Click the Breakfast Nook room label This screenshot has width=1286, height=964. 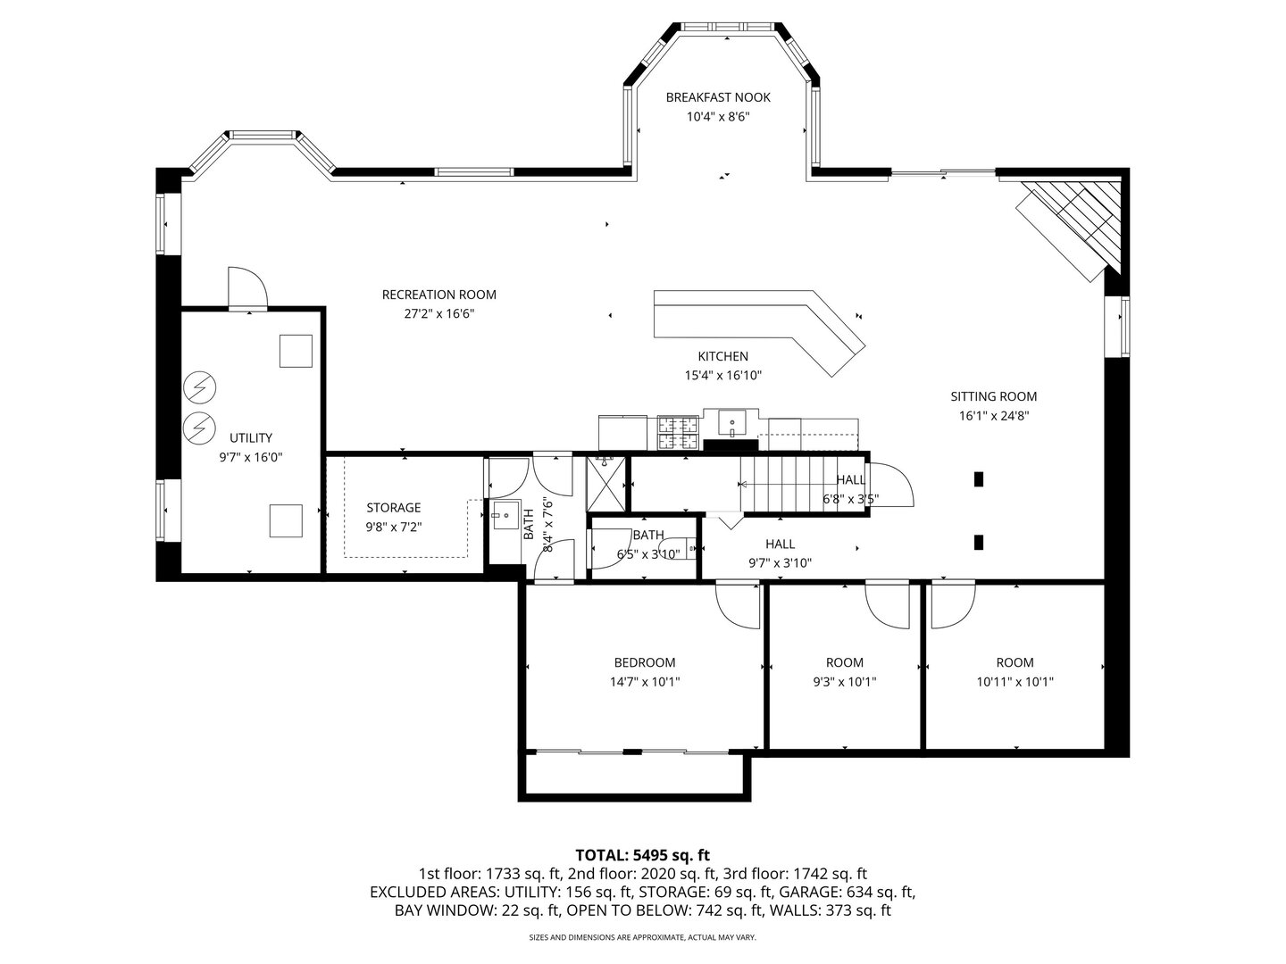[718, 97]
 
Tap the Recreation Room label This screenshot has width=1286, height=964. [438, 295]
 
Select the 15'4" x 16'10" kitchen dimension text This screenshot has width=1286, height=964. [723, 375]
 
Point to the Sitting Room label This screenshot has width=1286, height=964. [994, 396]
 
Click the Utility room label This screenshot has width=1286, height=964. [251, 437]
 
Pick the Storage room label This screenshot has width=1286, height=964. [394, 508]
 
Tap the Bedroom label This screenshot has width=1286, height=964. [645, 662]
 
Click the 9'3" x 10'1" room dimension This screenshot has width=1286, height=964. [844, 682]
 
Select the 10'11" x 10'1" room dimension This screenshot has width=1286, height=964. [1015, 682]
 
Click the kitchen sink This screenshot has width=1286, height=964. [731, 423]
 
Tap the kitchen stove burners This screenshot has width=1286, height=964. [679, 433]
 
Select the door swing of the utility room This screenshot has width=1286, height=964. [247, 287]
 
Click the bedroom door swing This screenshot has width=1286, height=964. [738, 607]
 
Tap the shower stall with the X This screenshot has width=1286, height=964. [605, 484]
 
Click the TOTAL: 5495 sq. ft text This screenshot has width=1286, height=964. [643, 856]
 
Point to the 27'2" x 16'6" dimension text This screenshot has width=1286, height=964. [438, 313]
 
